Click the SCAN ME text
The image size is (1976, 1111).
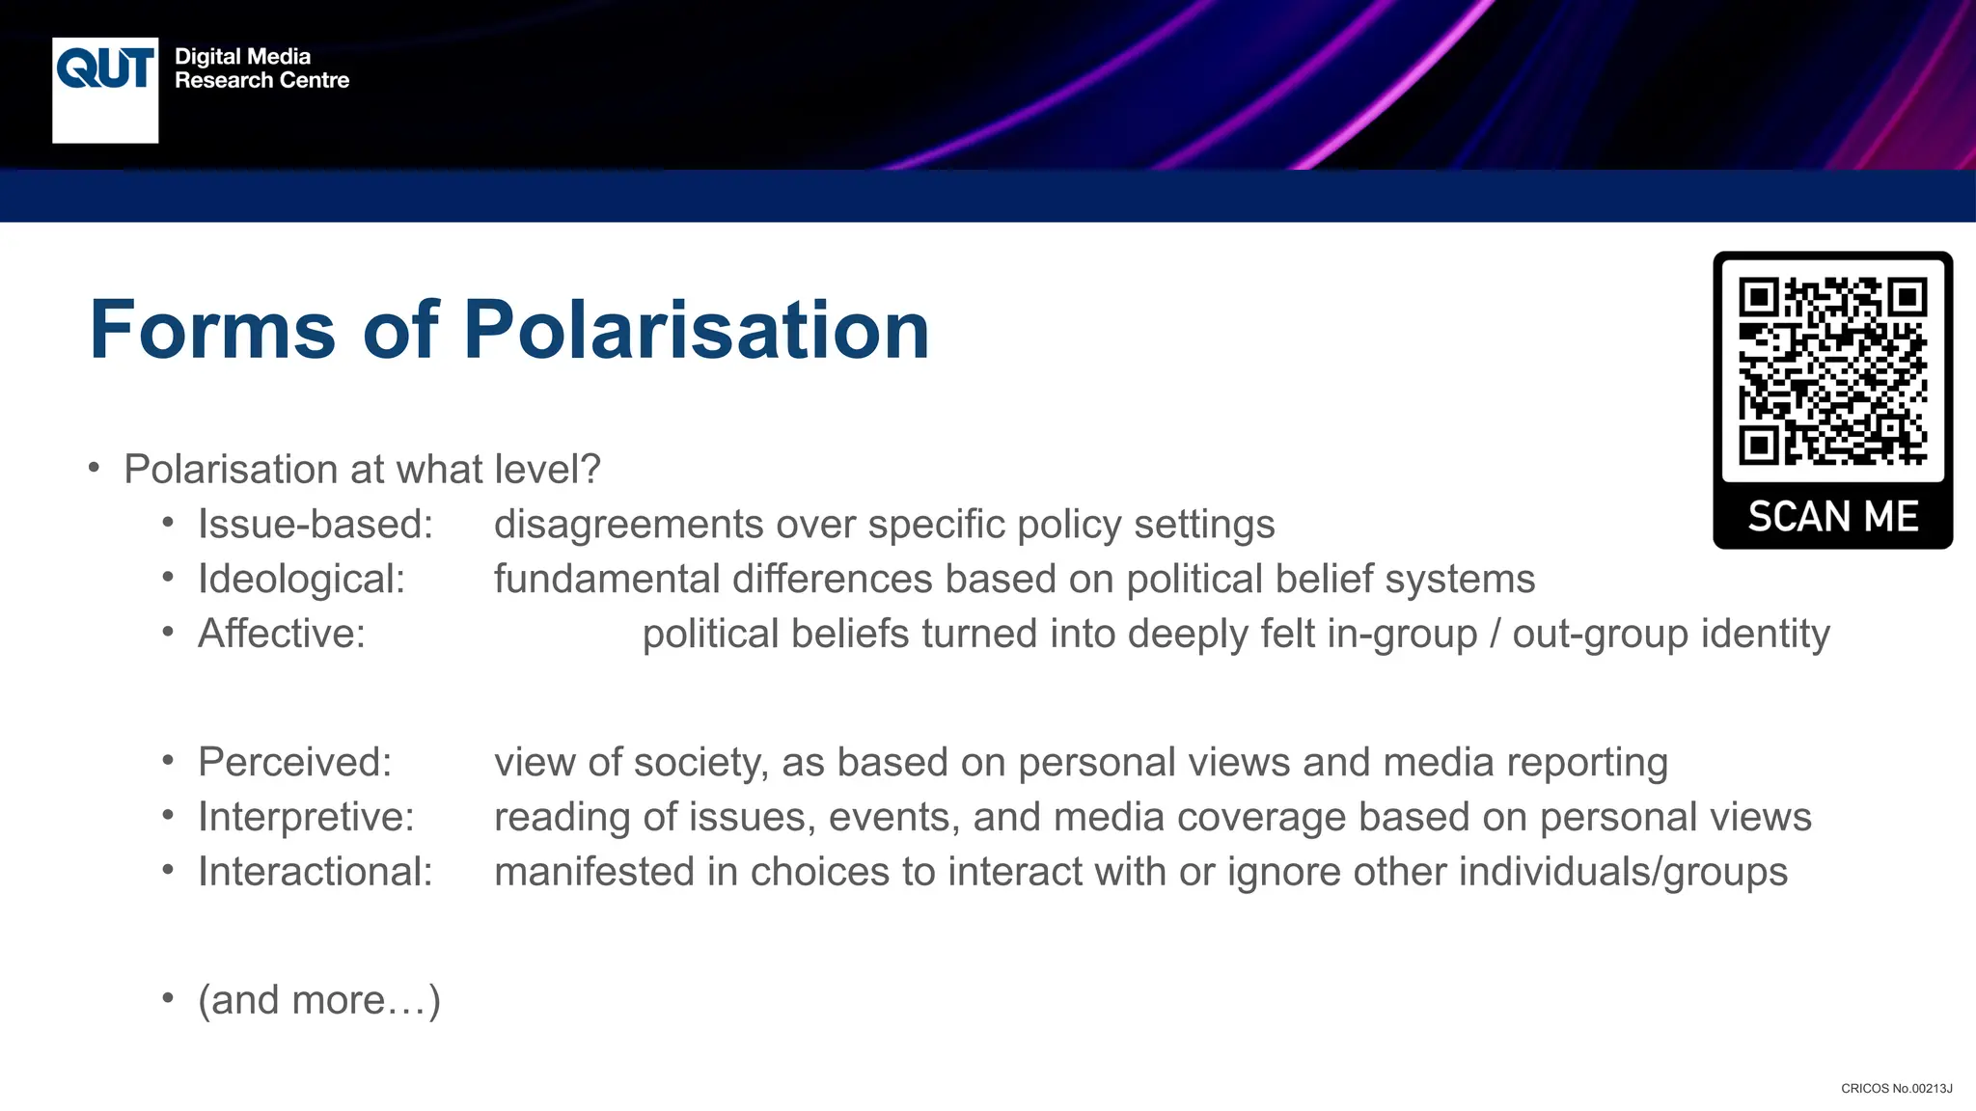(x=1832, y=517)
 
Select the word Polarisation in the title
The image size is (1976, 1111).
(x=696, y=330)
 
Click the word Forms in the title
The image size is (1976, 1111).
(x=212, y=330)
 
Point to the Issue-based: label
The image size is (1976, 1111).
(x=316, y=525)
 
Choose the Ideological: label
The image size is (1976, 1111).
(x=301, y=580)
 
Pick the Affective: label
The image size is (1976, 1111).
(x=282, y=635)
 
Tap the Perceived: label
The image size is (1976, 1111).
(x=294, y=763)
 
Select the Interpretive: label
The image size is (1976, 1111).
(x=306, y=818)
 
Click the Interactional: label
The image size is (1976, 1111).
(x=316, y=872)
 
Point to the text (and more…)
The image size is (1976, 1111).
(x=319, y=1000)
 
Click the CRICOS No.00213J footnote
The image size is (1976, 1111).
(x=1896, y=1089)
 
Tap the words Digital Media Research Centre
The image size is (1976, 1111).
(x=261, y=68)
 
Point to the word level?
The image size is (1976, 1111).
(x=547, y=470)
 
